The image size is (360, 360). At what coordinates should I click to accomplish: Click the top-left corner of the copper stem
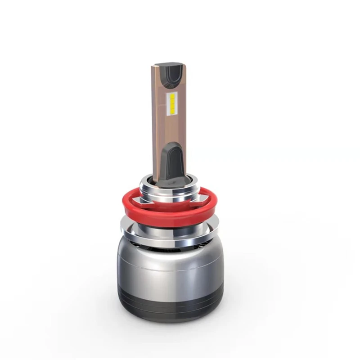pyautogui.click(x=153, y=66)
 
